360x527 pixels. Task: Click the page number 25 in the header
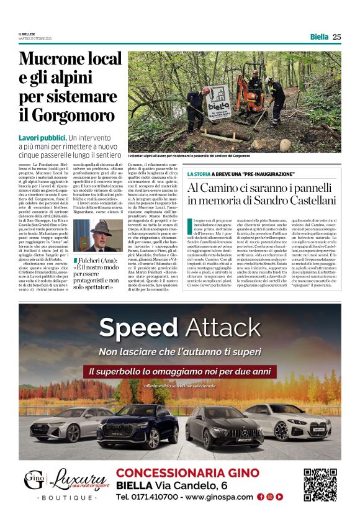(337, 37)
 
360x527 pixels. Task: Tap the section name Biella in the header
(319, 37)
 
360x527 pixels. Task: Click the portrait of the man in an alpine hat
(89, 235)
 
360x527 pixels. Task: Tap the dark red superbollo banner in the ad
(180, 371)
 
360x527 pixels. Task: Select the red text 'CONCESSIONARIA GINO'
(187, 473)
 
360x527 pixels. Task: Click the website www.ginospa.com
(219, 497)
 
